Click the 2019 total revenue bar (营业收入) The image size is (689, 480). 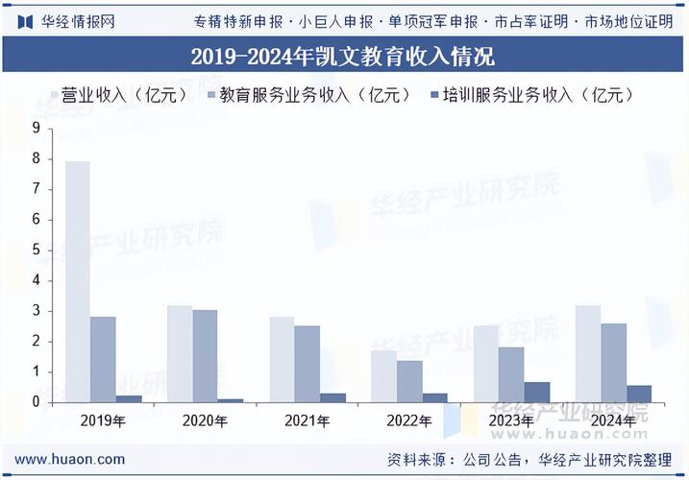point(78,281)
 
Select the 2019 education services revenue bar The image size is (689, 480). point(103,359)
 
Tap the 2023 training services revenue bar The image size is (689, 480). point(537,392)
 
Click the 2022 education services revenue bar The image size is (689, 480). point(409,381)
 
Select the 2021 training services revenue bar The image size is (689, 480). point(332,397)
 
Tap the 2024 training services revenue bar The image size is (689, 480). point(639,394)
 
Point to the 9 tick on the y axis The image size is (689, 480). point(36,128)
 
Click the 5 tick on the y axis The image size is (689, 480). point(36,250)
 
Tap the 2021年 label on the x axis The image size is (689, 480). point(308,420)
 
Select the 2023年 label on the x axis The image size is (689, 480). point(511,420)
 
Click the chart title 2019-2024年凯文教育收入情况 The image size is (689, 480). point(343,58)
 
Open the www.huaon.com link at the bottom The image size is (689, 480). point(69,459)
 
